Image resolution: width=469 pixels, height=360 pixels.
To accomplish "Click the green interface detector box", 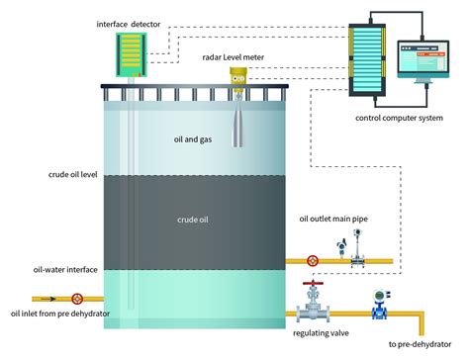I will coord(131,54).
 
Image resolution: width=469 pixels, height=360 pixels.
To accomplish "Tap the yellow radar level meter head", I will coord(239,75).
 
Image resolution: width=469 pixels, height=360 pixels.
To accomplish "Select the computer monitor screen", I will coord(421,59).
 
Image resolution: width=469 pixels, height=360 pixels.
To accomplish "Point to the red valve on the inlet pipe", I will coord(76,298).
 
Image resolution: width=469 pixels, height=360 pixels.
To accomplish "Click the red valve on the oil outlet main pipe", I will coord(313,261).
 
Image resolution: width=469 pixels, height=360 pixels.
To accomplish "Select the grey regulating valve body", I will coord(314,309).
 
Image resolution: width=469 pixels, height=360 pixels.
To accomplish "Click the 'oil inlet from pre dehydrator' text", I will coord(58,314).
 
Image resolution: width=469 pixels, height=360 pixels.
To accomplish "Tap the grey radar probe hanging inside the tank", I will coord(239,124).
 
